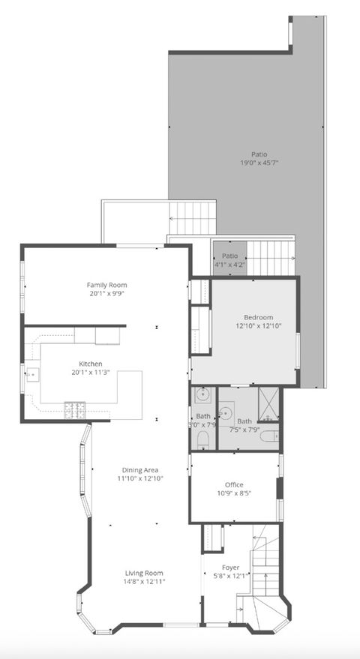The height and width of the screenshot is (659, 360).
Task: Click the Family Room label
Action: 106,285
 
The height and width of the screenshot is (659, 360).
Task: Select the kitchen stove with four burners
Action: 75,410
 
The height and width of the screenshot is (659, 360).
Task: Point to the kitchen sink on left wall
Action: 32,373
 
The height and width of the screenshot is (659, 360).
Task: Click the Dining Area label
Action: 140,470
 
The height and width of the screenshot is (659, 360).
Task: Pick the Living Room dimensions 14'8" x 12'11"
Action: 144,581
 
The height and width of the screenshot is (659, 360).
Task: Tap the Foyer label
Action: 230,568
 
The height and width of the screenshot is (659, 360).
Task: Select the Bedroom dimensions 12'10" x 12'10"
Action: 258,326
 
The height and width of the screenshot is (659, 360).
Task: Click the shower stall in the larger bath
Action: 268,405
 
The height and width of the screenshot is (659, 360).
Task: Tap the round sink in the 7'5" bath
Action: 225,411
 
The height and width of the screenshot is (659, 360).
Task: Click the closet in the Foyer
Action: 213,537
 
